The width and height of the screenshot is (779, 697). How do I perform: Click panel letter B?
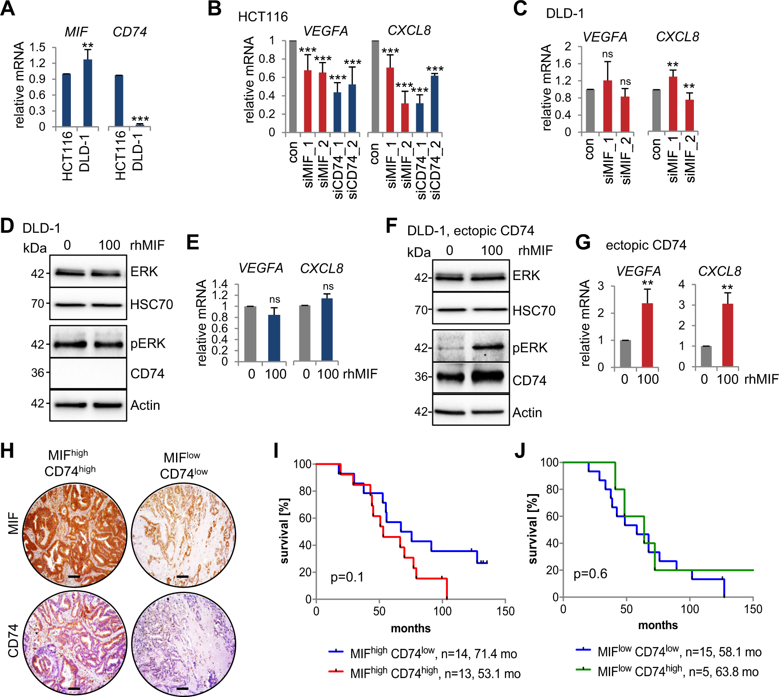click(215, 8)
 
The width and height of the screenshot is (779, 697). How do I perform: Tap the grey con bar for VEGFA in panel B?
click(293, 87)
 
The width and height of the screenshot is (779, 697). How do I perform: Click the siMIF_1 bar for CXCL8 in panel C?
click(673, 104)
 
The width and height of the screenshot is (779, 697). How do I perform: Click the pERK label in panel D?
click(148, 343)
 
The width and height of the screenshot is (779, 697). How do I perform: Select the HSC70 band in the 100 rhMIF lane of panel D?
click(107, 305)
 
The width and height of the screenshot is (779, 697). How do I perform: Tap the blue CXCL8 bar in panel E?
click(327, 330)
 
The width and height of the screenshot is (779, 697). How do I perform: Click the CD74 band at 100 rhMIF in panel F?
click(488, 376)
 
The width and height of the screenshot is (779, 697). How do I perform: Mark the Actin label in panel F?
click(527, 412)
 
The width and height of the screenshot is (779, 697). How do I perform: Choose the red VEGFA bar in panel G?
click(647, 335)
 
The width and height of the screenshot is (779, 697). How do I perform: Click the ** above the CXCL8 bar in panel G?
click(727, 287)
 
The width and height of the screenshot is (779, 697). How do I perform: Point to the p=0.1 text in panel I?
click(347, 577)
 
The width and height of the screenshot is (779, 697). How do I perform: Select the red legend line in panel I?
click(336, 671)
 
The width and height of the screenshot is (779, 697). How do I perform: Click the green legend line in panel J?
click(583, 669)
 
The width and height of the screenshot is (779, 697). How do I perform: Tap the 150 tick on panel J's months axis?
click(753, 609)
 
